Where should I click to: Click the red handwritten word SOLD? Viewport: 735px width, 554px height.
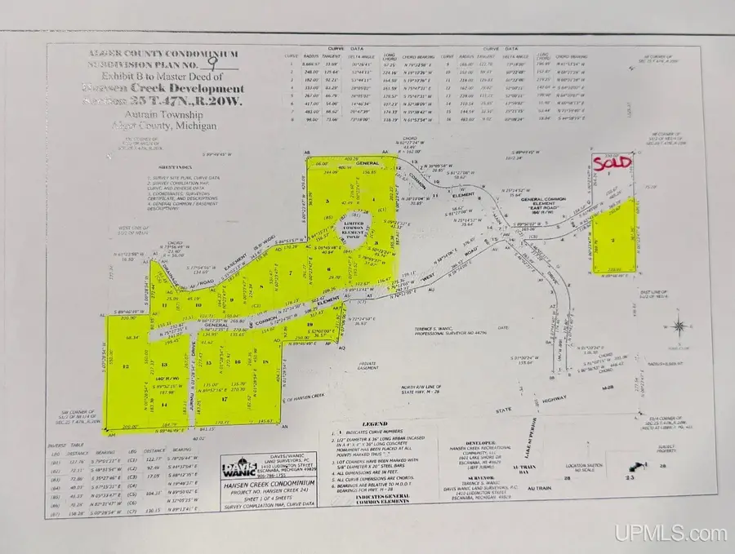click(612, 162)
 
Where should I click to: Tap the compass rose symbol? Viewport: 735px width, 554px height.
click(678, 327)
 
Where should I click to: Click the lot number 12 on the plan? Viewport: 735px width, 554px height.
click(125, 368)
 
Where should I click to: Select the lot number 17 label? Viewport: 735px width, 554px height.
click(223, 400)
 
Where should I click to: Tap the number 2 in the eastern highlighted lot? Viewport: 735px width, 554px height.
click(612, 242)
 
